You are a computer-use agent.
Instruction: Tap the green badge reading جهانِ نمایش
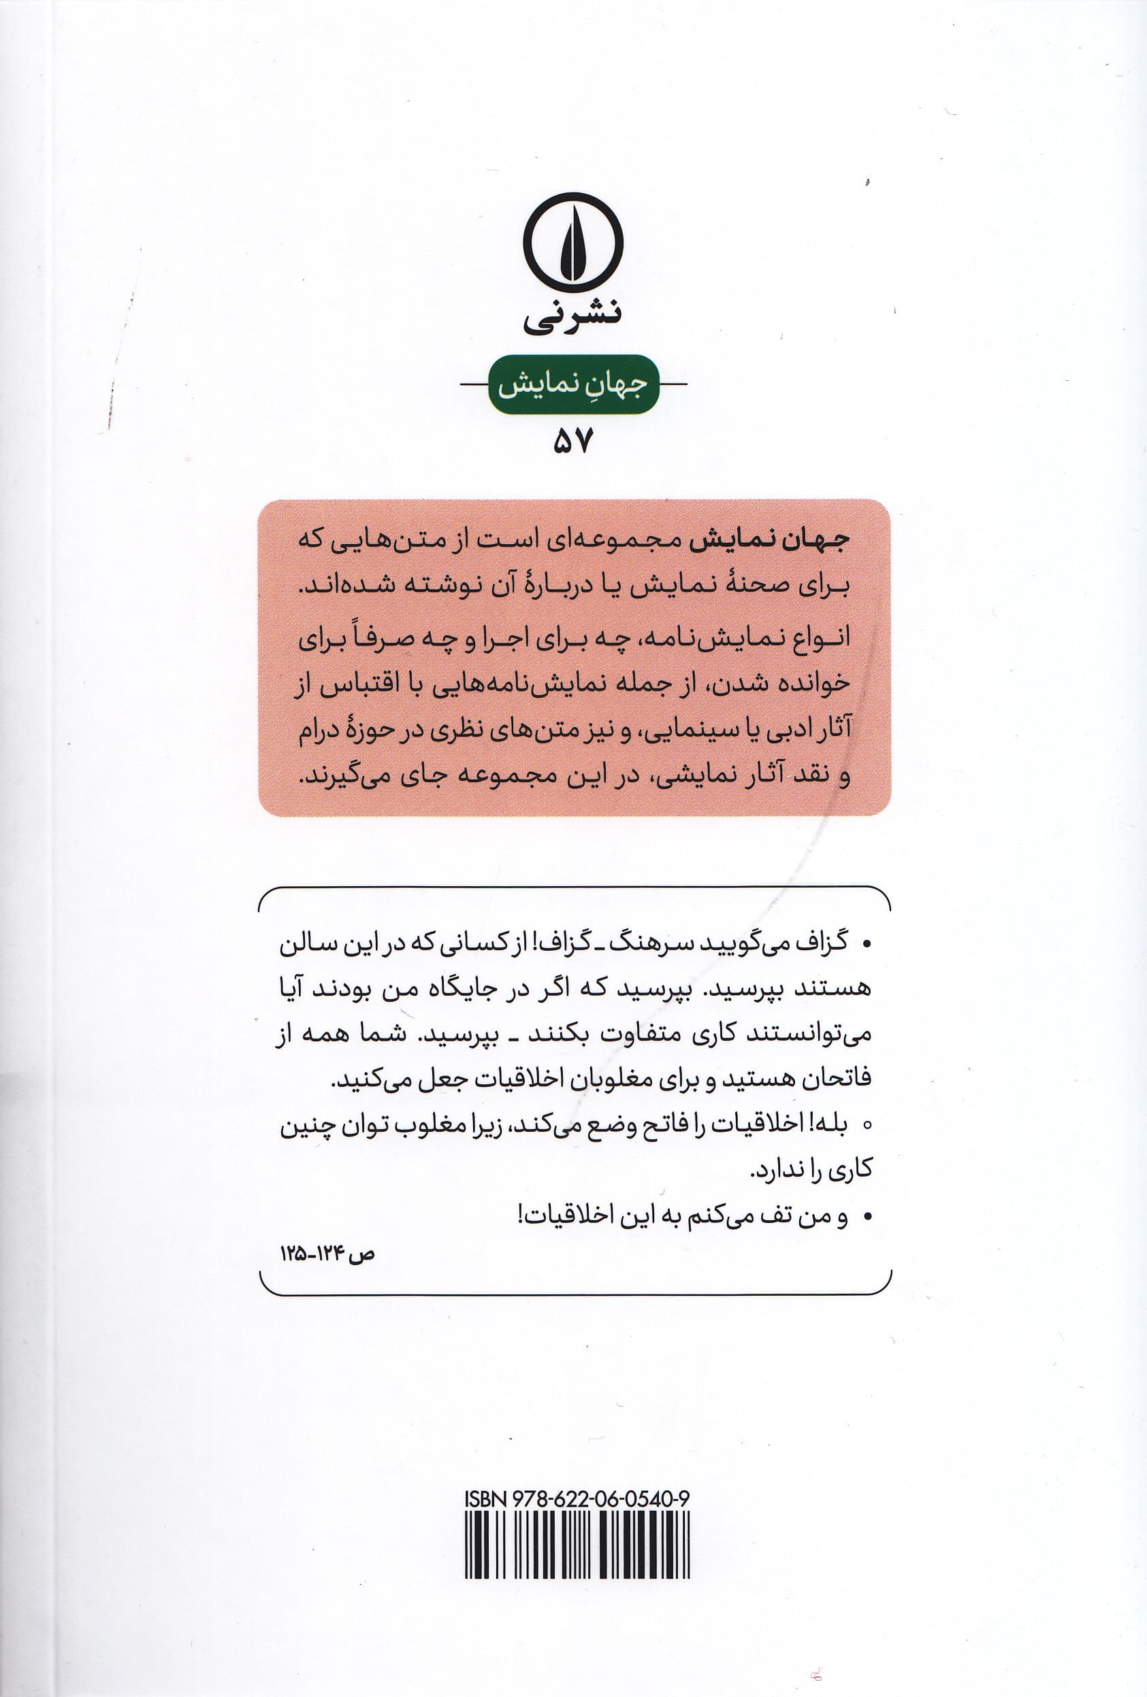(573, 385)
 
